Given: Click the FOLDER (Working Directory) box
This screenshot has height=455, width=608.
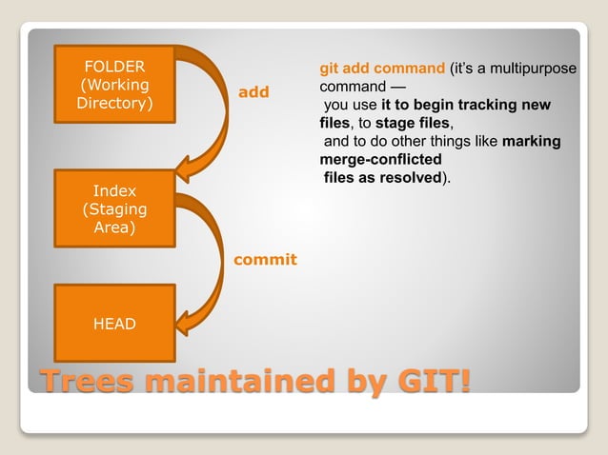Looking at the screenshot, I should point(114,86).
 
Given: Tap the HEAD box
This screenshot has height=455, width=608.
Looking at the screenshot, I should point(113,324).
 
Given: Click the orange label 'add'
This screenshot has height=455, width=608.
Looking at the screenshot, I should point(253,92).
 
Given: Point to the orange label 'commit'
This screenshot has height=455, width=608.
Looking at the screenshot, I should point(266,259).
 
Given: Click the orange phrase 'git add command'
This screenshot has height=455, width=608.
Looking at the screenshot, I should point(382,69).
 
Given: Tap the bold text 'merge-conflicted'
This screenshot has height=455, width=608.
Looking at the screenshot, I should point(381,159).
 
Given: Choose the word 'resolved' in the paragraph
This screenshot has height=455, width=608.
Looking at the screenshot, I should point(404,177).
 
